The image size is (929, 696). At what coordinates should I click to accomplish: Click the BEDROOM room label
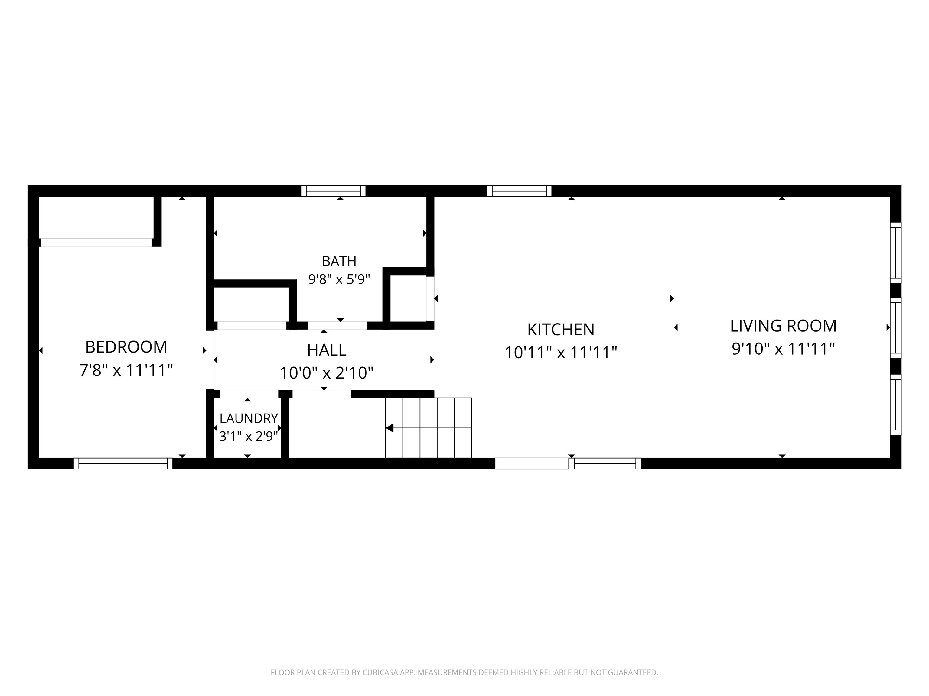(x=126, y=347)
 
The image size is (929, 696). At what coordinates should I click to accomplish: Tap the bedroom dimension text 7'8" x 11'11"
(x=126, y=370)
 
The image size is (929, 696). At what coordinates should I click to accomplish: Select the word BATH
(x=339, y=261)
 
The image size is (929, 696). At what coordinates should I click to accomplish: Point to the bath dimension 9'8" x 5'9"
(x=339, y=279)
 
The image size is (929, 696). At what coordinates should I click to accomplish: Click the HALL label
(x=326, y=350)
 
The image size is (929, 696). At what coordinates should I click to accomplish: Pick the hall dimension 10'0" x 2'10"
(x=326, y=372)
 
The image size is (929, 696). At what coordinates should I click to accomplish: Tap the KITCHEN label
(x=561, y=330)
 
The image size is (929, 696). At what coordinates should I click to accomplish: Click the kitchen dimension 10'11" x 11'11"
(x=561, y=353)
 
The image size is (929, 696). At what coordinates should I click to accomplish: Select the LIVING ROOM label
(x=783, y=326)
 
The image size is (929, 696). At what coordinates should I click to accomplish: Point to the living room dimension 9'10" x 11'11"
(x=783, y=349)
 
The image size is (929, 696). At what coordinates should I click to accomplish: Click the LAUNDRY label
(x=249, y=418)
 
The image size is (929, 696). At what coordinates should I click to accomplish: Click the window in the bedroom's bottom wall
(x=123, y=463)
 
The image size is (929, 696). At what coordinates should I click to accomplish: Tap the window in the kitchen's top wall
(x=519, y=191)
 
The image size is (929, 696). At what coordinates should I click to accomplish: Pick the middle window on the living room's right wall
(x=896, y=328)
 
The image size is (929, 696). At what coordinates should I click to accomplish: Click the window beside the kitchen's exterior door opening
(x=605, y=463)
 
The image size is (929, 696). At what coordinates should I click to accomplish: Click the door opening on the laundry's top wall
(x=249, y=394)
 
